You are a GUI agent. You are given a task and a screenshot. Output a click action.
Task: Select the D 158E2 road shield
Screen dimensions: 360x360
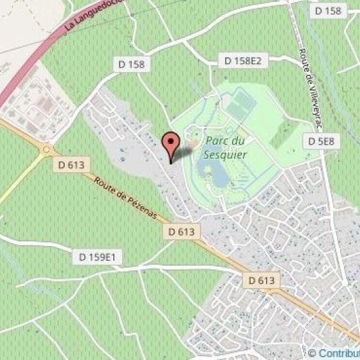click(242, 61)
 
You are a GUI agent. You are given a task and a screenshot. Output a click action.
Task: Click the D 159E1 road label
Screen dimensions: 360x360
click(97, 257)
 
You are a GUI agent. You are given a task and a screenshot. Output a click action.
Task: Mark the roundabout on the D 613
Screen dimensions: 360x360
click(46, 149)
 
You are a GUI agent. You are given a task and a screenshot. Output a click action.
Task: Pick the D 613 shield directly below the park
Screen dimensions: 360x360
click(181, 231)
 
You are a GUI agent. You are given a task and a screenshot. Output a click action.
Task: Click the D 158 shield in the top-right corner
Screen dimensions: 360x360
click(328, 10)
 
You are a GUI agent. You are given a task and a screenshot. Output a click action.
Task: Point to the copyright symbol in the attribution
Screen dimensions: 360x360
click(312, 353)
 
